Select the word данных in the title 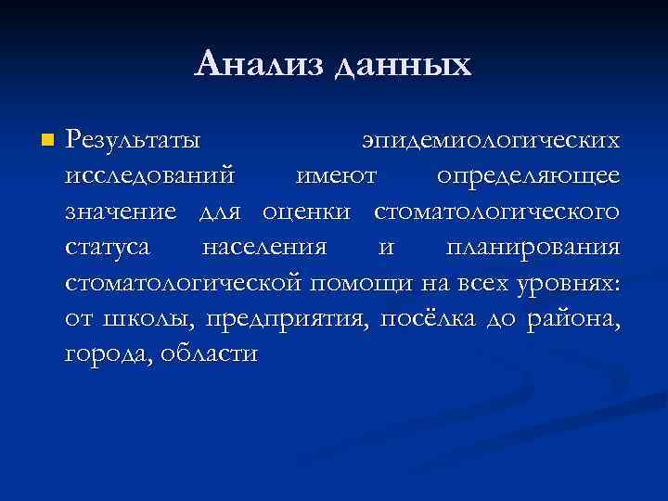point(403,66)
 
